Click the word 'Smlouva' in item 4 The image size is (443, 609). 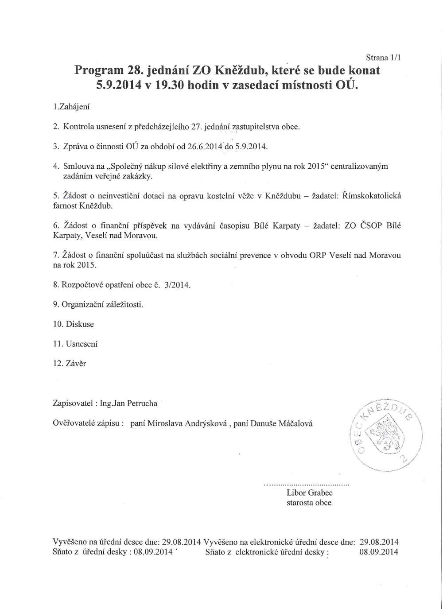77,166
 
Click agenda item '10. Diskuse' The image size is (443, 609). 74,324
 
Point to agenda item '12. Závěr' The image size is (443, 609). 70,364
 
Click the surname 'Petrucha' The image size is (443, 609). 142,403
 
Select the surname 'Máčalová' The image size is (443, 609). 295,423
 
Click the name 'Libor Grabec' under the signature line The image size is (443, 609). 310,493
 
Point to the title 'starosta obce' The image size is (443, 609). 309,503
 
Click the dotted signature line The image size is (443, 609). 307,484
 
